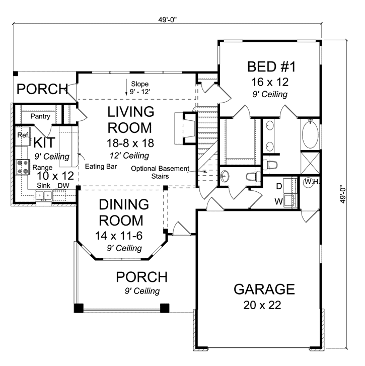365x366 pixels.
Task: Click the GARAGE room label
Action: tap(264, 289)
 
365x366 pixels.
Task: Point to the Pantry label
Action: tap(39, 116)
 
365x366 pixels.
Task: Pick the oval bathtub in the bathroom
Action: tap(310, 135)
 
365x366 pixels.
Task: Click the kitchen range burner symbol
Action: tap(23, 167)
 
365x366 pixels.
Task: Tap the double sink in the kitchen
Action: tap(44, 195)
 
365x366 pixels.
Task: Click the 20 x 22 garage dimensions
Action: tap(263, 305)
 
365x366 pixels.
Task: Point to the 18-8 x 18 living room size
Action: tap(128, 142)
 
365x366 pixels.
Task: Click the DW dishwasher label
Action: tap(63, 186)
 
